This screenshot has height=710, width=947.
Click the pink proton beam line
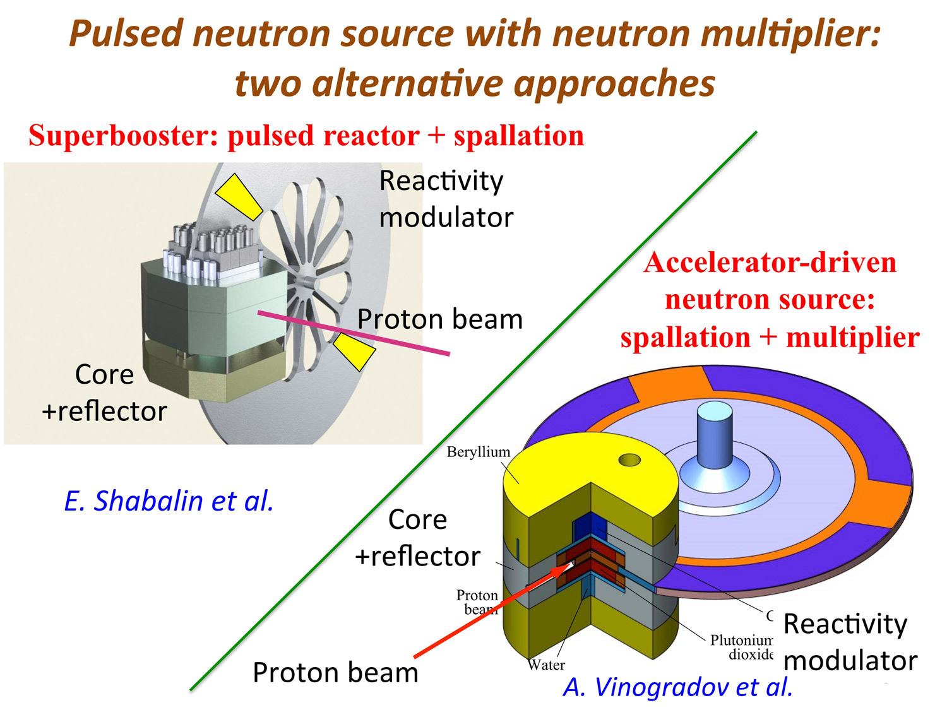coord(354,333)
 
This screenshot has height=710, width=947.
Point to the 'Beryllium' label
coord(478,452)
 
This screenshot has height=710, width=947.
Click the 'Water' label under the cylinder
coord(547,665)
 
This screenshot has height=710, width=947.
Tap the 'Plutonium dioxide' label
coord(742,648)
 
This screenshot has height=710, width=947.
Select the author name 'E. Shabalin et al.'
coord(169,500)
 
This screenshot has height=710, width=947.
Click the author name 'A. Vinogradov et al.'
coord(677,687)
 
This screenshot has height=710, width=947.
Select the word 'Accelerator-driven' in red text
coord(770,262)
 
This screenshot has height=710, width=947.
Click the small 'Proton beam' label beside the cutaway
coord(477,602)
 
